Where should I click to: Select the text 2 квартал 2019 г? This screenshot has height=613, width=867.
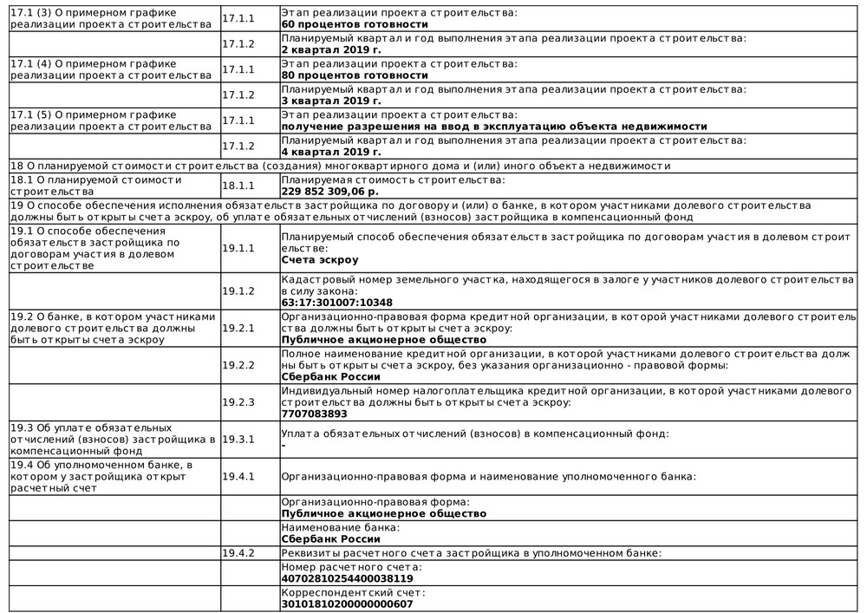(331, 49)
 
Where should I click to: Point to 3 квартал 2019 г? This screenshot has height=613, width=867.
(331, 101)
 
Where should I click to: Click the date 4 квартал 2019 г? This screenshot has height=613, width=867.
(331, 152)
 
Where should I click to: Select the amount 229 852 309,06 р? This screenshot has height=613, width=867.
(330, 191)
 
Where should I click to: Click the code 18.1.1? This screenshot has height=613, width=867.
(238, 186)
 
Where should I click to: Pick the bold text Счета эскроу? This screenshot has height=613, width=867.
(320, 259)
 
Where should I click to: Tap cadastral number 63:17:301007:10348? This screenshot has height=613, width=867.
(336, 303)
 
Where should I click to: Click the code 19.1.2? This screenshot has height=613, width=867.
(238, 291)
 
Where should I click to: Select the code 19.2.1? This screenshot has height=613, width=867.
(238, 329)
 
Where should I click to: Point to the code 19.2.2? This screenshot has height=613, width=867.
(238, 365)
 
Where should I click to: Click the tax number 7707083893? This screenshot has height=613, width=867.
(309, 414)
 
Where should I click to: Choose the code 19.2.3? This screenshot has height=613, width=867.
(238, 402)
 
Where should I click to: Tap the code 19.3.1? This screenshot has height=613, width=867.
(238, 440)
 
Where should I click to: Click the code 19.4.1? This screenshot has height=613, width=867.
(238, 477)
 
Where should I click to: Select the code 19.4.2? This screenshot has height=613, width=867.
(238, 552)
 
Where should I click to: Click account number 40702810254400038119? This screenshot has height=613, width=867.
(347, 578)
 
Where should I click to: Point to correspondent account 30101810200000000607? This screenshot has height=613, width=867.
(347, 603)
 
